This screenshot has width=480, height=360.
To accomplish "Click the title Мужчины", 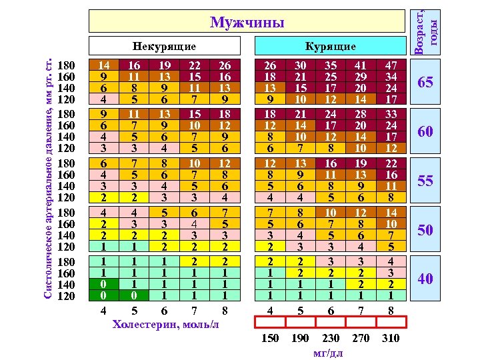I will click(247, 23).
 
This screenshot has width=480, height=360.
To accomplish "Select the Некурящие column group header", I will click(164, 47).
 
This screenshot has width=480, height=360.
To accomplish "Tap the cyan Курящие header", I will click(330, 47).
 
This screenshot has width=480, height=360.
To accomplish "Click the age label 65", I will click(425, 83).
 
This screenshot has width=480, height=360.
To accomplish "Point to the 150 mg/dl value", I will click(270, 339).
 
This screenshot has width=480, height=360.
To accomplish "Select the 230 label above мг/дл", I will click(331, 339).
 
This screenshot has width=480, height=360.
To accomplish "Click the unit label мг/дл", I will click(328, 353).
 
